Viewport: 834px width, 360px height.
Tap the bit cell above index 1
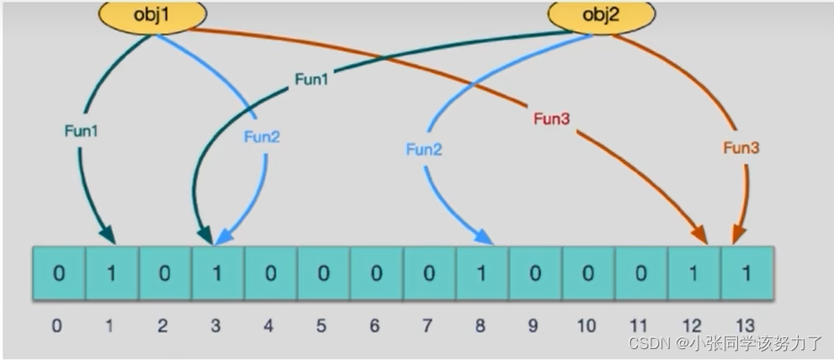112,273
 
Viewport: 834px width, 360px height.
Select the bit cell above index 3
217,273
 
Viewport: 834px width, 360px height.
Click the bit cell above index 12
693,273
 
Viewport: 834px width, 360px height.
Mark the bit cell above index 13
746,273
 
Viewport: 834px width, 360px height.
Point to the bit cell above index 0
59,273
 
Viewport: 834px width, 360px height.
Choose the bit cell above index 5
323,273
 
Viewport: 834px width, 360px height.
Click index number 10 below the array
586,326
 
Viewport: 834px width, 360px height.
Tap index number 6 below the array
375,326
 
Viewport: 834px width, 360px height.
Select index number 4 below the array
269,326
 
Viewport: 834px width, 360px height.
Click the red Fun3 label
551,119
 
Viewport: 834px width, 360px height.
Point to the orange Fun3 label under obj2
741,147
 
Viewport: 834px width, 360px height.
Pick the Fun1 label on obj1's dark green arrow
82,131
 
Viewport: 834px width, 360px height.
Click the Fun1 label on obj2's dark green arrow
313,79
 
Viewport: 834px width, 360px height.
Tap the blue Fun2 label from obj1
262,137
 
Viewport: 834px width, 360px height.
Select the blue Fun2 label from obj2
424,150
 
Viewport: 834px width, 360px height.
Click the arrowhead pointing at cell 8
485,238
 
